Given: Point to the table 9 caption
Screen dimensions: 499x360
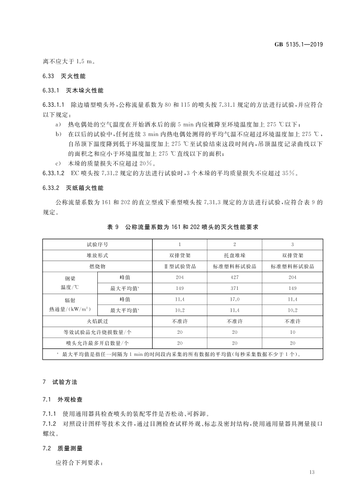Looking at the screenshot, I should [183, 227].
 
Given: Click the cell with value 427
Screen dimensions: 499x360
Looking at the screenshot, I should [234, 277].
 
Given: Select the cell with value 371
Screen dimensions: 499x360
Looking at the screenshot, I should [234, 288].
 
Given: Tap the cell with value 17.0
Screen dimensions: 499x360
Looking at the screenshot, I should [234, 299].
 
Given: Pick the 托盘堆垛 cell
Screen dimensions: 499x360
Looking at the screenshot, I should [234, 255].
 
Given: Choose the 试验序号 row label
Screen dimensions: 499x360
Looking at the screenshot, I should [97, 244].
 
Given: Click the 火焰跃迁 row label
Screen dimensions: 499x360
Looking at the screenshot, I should [97, 321].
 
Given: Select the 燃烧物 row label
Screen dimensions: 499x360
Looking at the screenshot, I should [97, 266].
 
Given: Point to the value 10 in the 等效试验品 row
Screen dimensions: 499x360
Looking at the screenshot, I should [292, 332].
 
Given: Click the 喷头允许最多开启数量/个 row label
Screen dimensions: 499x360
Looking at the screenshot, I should [97, 343].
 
